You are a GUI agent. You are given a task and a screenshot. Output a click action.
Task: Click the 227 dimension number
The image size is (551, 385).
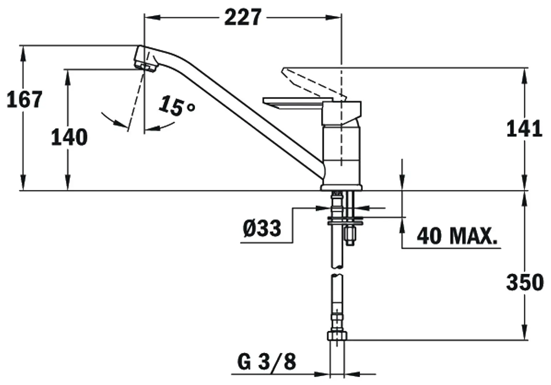(243, 17)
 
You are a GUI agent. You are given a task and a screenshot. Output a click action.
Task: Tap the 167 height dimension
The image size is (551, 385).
(24, 99)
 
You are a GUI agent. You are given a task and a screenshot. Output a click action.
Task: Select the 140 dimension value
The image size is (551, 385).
(69, 138)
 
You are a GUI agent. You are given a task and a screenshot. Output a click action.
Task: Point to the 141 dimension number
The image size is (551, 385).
(524, 129)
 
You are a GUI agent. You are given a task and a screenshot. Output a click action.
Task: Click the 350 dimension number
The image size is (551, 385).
(525, 282)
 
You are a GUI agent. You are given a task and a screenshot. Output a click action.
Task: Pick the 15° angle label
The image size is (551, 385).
(177, 106)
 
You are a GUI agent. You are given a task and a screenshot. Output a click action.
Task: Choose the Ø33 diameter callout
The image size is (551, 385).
(262, 229)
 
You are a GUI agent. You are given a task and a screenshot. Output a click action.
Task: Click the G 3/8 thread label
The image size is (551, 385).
(267, 361)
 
